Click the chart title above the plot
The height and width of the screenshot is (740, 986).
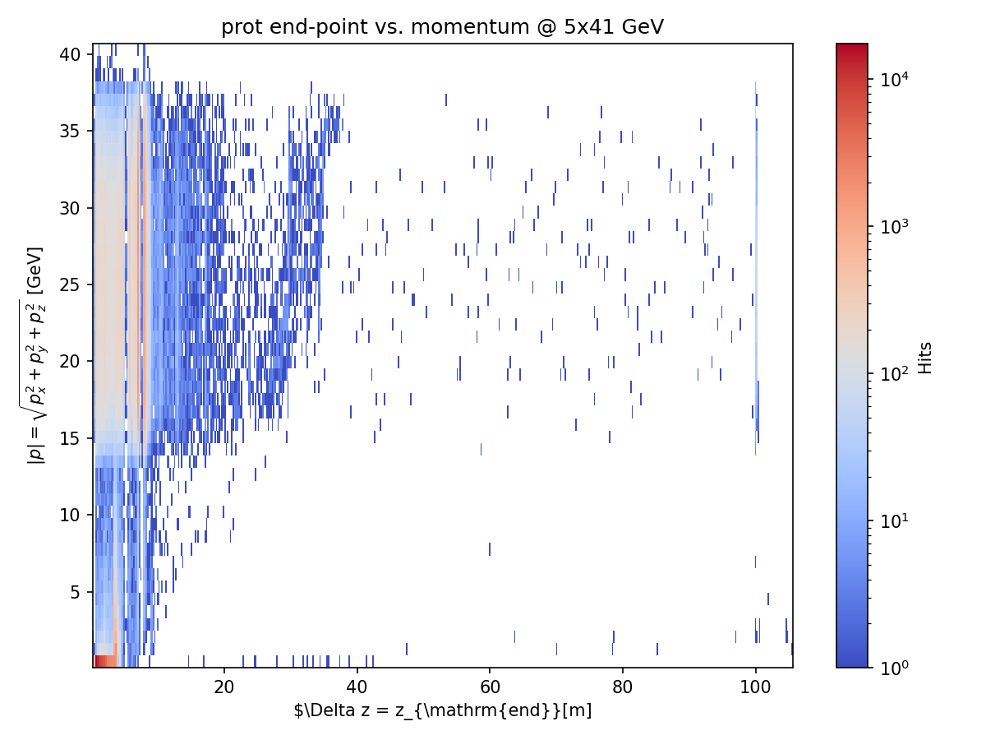[x=442, y=27]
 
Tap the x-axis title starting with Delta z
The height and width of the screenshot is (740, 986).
[x=442, y=710]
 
